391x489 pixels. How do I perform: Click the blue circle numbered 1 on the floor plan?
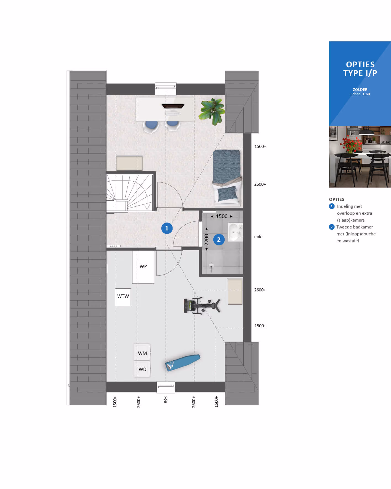coord(167,228)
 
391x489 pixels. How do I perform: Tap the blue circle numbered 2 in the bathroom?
coord(219,240)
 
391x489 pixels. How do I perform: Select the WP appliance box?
coord(143,267)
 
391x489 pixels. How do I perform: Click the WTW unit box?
coord(123,297)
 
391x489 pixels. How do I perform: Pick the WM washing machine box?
coord(142,352)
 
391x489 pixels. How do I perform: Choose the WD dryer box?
coord(142,369)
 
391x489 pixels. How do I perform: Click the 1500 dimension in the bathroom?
coord(222,216)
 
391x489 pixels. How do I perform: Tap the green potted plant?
coord(213,111)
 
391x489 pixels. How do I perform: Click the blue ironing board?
coord(183,363)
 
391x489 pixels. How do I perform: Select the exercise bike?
coord(202,305)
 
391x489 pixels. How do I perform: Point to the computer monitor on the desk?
coord(173,106)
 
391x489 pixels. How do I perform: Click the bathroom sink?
coord(235,232)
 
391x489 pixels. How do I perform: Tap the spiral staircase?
coord(130,193)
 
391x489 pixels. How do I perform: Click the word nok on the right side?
coord(257,237)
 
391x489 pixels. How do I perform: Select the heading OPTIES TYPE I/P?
coord(360,69)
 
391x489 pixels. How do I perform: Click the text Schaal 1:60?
coord(360,94)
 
